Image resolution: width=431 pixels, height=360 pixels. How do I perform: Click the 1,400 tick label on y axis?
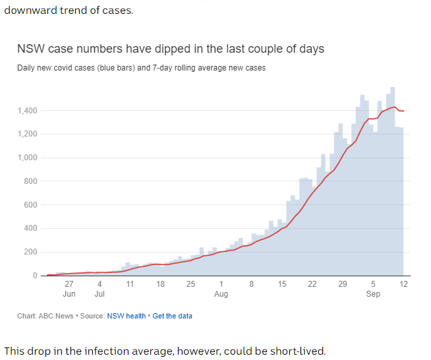(27, 111)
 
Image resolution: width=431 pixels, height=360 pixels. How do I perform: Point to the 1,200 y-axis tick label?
(27, 135)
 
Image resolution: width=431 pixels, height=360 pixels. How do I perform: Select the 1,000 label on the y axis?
(27, 158)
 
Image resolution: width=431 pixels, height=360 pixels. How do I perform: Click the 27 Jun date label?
(69, 289)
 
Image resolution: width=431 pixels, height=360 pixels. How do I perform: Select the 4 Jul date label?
(100, 289)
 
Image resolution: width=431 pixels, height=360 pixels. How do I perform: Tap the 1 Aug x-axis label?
(221, 289)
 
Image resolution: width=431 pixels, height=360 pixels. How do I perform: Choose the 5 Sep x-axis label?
(373, 289)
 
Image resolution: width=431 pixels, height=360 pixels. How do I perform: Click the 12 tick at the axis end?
(403, 284)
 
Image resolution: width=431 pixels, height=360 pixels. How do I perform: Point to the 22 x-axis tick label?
(312, 284)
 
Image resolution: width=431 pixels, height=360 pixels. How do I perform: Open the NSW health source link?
(127, 316)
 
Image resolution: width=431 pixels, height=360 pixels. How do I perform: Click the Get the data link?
(173, 316)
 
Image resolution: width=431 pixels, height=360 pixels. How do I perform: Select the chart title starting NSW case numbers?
(170, 49)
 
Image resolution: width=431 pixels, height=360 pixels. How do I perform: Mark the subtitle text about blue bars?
(141, 68)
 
